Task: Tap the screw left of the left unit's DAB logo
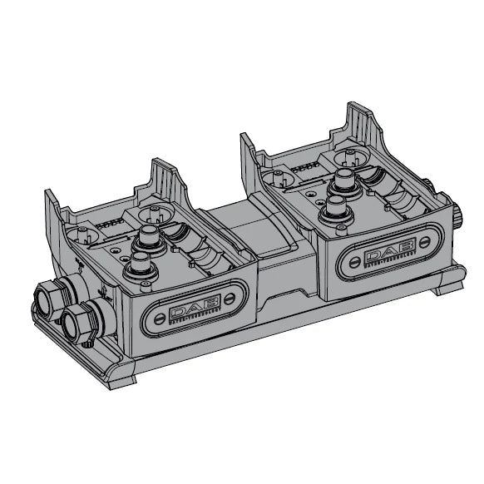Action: click(160, 319)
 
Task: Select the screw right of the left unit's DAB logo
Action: click(230, 299)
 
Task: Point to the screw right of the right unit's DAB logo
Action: click(425, 241)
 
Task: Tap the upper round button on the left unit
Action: click(149, 236)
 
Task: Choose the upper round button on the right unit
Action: click(345, 180)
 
